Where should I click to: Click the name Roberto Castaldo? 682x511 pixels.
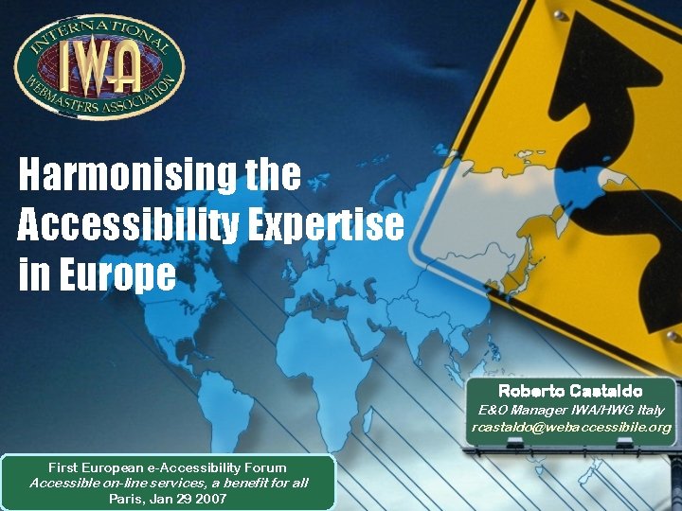tap(570, 391)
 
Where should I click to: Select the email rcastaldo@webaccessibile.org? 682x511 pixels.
tap(571, 428)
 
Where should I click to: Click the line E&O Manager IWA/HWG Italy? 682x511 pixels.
tap(571, 410)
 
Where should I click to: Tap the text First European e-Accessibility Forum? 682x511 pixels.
tap(168, 467)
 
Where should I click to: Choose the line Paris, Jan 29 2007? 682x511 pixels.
tap(168, 498)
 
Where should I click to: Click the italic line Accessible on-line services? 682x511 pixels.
tap(168, 483)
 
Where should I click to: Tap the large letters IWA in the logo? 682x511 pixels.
tap(99, 63)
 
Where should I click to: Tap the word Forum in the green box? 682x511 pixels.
tap(265, 467)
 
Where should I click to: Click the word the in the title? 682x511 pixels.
tap(273, 175)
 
